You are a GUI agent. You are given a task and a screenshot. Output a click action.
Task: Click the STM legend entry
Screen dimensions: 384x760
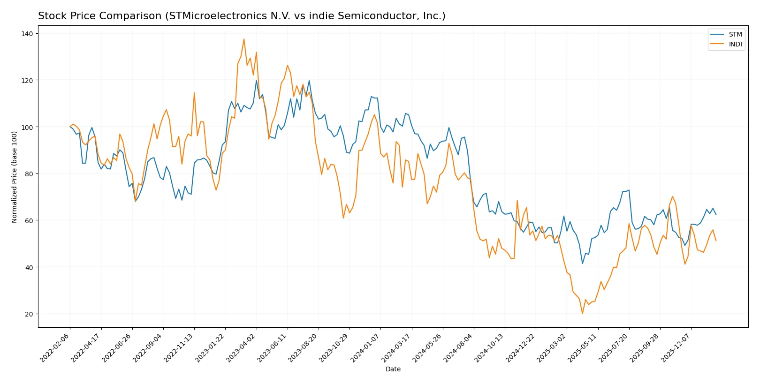[x=735, y=34]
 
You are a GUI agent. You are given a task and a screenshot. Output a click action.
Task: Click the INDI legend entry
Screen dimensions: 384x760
[x=735, y=44]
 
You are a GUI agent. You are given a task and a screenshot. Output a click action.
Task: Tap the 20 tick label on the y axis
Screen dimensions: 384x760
[x=29, y=314]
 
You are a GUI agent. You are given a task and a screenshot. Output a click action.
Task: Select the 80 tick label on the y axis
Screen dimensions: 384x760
[x=29, y=174]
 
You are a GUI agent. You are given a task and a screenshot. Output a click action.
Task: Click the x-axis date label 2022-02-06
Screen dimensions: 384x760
[x=55, y=347]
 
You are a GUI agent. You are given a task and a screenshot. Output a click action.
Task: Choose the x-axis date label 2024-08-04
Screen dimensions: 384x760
[x=459, y=347]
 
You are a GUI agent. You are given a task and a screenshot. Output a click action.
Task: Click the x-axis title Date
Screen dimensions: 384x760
[x=393, y=369]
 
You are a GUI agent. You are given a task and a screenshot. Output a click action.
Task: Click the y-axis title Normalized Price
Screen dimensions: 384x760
[x=15, y=177]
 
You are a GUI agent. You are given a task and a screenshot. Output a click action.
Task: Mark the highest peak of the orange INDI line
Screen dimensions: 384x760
[x=244, y=39]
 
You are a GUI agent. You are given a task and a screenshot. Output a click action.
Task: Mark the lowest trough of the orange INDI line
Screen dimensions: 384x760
[x=582, y=313]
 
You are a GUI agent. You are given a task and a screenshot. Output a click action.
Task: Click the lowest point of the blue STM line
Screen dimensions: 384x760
[x=583, y=264]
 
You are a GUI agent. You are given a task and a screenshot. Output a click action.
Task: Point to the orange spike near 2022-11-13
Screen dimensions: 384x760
[x=194, y=93]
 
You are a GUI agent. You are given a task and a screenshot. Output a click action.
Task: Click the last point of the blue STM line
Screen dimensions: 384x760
[x=716, y=214]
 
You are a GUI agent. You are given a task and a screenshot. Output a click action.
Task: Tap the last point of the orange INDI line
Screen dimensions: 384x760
[x=716, y=241]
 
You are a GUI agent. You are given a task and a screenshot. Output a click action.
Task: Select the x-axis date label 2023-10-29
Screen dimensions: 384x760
[x=334, y=347]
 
